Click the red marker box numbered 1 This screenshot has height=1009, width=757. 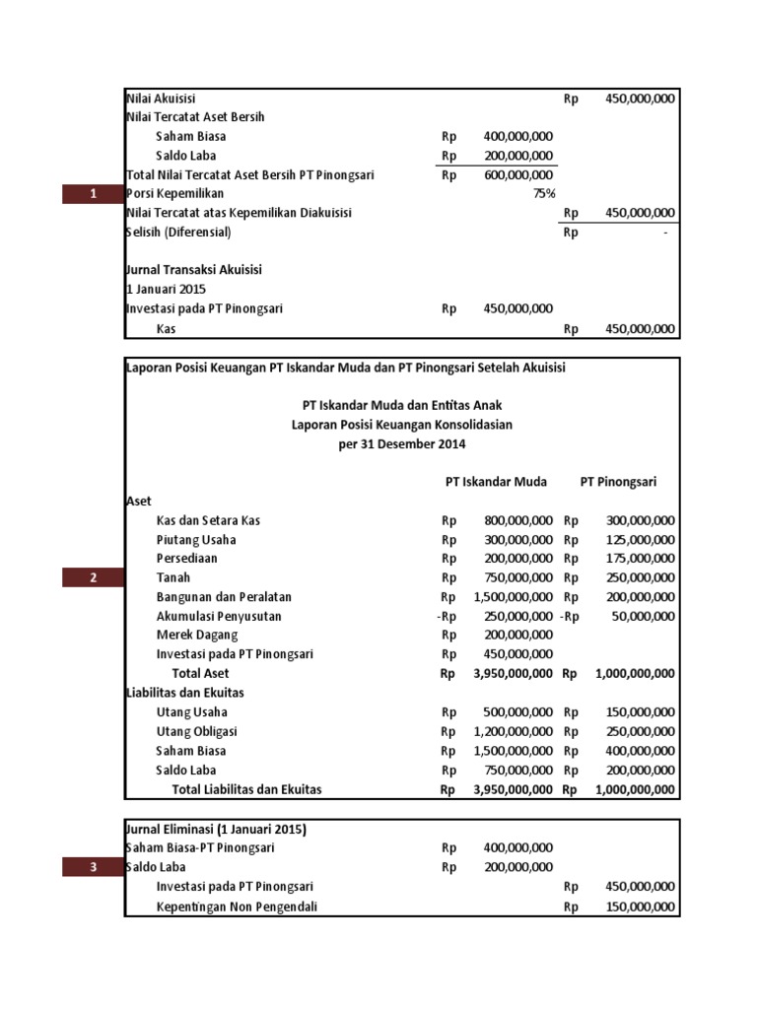[x=92, y=194]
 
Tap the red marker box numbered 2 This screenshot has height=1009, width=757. [x=93, y=577]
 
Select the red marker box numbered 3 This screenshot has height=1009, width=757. [x=93, y=867]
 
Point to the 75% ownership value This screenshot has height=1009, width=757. [x=544, y=194]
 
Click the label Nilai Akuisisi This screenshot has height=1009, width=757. [x=162, y=99]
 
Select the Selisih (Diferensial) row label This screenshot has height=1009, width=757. [x=178, y=233]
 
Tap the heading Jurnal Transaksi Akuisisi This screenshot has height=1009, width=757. [x=194, y=270]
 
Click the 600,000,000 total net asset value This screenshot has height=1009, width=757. [x=517, y=175]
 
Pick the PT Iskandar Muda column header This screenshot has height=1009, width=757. [x=496, y=482]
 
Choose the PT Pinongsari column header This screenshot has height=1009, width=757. [x=618, y=482]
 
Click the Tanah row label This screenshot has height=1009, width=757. [x=173, y=577]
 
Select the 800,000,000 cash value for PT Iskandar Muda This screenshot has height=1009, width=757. [x=517, y=520]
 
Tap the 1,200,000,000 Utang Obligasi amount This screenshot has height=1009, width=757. [x=513, y=731]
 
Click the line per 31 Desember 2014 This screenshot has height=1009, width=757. [x=401, y=443]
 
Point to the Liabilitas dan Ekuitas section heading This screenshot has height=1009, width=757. [x=185, y=693]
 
